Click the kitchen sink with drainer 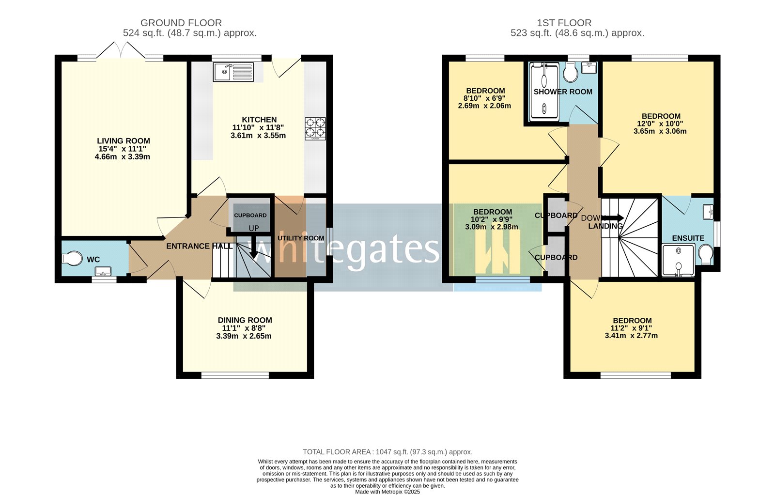(233, 73)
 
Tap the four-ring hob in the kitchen (315, 128)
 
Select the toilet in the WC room (72, 258)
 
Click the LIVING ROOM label (124, 141)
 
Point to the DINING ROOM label (245, 320)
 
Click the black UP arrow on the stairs (253, 247)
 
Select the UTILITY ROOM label (301, 238)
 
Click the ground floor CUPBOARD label (250, 215)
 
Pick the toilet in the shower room (571, 74)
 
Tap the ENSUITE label (688, 238)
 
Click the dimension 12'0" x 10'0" (661, 124)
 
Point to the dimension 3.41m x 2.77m (631, 335)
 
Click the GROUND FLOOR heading (181, 23)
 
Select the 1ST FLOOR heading (564, 23)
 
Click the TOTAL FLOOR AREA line (387, 452)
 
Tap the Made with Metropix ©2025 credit (387, 492)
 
